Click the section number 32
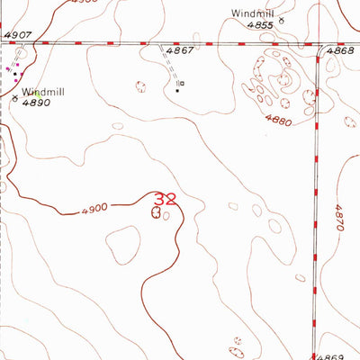(166, 198)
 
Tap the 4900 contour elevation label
(94, 207)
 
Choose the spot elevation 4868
(340, 52)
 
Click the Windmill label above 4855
(252, 13)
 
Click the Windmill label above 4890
(44, 92)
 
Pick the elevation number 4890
(37, 103)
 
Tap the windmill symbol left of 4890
(14, 101)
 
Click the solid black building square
(177, 88)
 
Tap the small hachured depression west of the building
(140, 86)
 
